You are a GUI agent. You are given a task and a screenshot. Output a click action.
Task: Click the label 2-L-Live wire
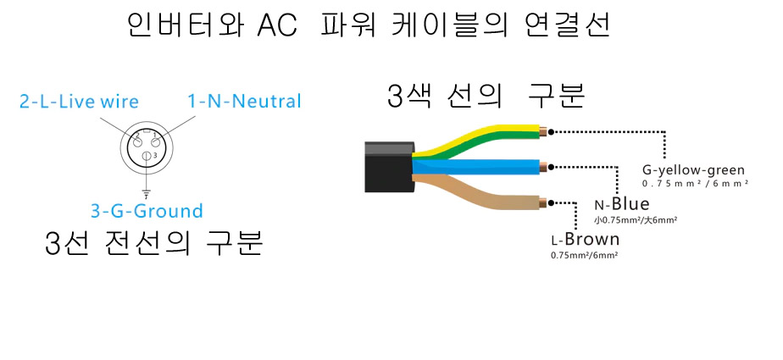pyautogui.click(x=79, y=102)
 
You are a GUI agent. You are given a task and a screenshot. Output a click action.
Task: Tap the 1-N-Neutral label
pyautogui.click(x=244, y=102)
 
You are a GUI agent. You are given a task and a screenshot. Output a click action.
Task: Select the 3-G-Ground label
pyautogui.click(x=147, y=211)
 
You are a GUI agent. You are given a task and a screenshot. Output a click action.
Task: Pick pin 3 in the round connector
pyautogui.click(x=147, y=156)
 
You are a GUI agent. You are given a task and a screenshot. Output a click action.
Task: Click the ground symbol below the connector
pyautogui.click(x=147, y=194)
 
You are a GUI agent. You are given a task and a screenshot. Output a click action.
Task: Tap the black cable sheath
pyautogui.click(x=390, y=167)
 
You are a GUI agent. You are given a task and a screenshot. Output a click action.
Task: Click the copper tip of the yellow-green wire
pyautogui.click(x=544, y=132)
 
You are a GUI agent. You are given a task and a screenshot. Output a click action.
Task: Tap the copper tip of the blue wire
pyautogui.click(x=544, y=167)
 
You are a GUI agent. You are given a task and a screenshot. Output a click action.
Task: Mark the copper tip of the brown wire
pyautogui.click(x=544, y=202)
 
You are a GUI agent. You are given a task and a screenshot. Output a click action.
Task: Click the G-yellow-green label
pyautogui.click(x=693, y=170)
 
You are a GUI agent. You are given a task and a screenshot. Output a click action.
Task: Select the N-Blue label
pyautogui.click(x=622, y=203)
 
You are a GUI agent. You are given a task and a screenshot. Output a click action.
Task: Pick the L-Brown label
pyautogui.click(x=586, y=239)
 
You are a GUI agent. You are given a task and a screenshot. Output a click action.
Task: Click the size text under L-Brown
pyautogui.click(x=585, y=255)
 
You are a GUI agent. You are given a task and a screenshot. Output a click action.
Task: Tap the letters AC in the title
pyautogui.click(x=277, y=26)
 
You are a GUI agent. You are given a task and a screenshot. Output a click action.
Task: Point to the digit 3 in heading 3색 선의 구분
pyautogui.click(x=395, y=95)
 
